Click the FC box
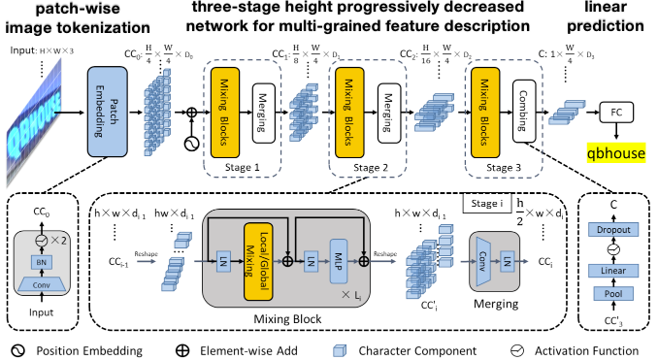coord(616,113)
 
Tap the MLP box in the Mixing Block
coord(340,260)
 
